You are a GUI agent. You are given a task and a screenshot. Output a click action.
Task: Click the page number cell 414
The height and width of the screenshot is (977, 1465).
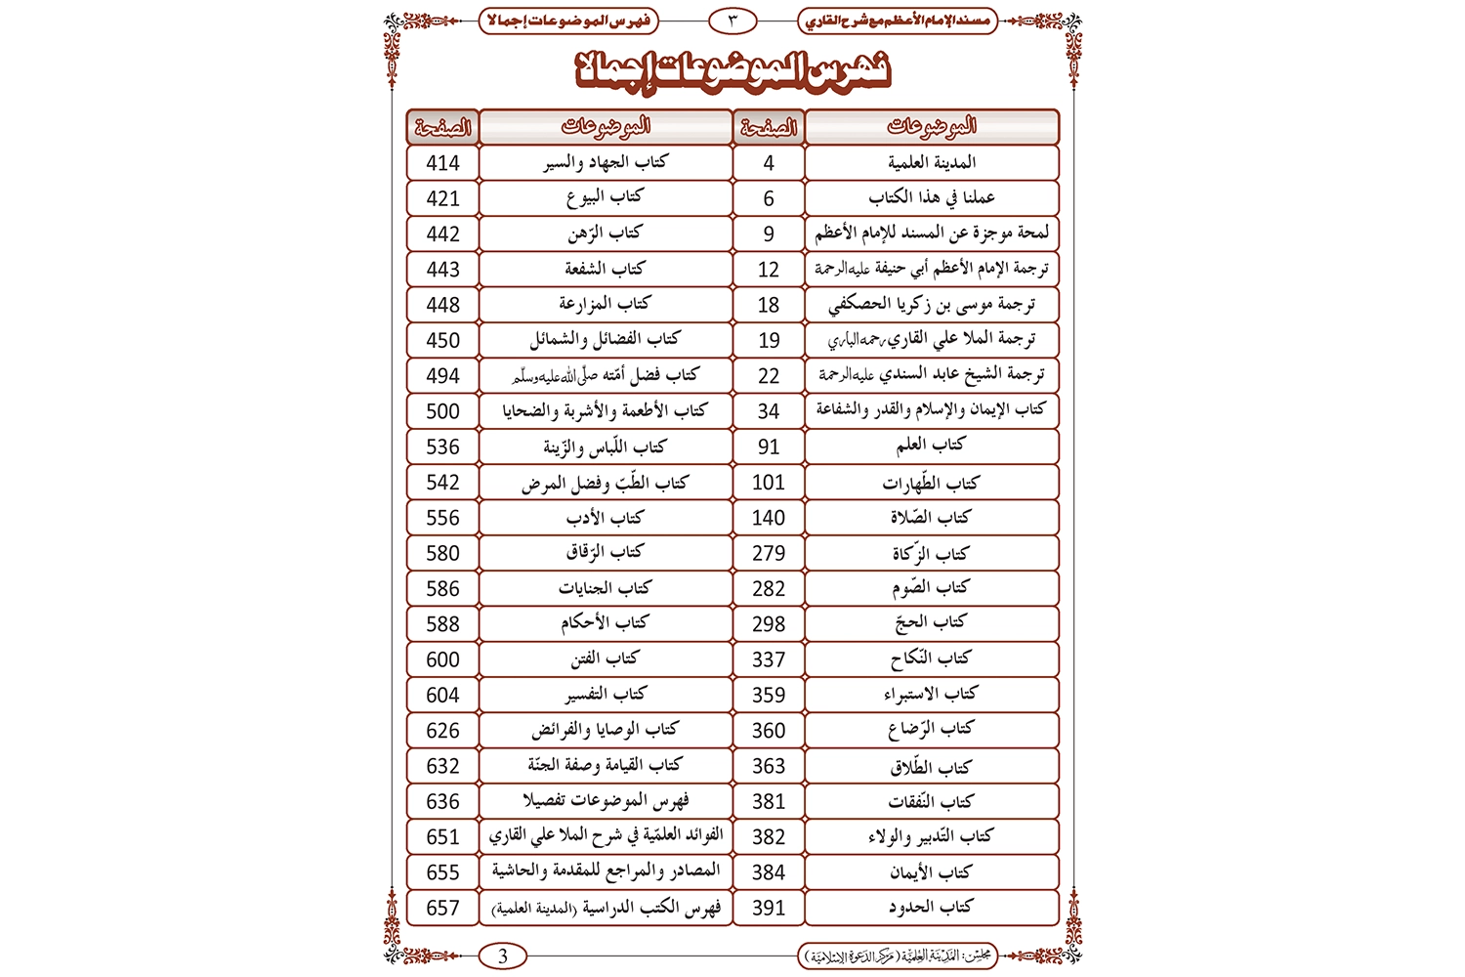pyautogui.click(x=442, y=163)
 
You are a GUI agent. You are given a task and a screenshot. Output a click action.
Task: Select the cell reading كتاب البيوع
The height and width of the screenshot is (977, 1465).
pyautogui.click(x=605, y=198)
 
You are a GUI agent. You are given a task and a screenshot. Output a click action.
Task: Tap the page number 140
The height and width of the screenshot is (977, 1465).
pyautogui.click(x=769, y=518)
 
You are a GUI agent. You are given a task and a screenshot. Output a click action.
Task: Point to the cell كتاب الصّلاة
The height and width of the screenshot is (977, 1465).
pyautogui.click(x=931, y=518)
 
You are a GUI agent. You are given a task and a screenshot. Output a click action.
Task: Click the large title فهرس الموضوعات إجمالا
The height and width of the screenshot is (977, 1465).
pyautogui.click(x=732, y=71)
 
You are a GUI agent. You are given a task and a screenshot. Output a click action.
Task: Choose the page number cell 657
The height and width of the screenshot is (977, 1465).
pyautogui.click(x=442, y=908)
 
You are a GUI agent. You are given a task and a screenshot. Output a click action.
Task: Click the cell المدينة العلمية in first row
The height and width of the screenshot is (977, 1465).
pyautogui.click(x=931, y=163)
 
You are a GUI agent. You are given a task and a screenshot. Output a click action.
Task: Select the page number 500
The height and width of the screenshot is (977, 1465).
pyautogui.click(x=442, y=411)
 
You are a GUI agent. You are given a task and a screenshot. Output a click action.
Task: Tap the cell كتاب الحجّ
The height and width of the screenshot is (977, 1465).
pyautogui.click(x=931, y=623)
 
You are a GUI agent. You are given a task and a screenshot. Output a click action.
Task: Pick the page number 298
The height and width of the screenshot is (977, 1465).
pyautogui.click(x=769, y=623)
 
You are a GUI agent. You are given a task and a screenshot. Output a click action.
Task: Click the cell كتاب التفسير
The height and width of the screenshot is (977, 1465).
pyautogui.click(x=605, y=695)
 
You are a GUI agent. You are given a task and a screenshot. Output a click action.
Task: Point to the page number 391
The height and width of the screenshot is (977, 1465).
pyautogui.click(x=769, y=908)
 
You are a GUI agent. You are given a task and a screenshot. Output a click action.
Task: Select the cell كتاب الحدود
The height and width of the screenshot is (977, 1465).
pyautogui.click(x=931, y=908)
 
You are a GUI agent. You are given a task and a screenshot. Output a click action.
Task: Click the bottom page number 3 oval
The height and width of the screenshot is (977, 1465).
pyautogui.click(x=503, y=956)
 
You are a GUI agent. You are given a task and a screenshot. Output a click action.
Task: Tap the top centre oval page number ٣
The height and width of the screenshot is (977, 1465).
pyautogui.click(x=732, y=20)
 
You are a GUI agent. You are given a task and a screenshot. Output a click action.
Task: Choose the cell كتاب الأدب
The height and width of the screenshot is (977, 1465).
pyautogui.click(x=605, y=518)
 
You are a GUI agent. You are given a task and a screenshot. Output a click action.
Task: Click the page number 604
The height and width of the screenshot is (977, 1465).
pyautogui.click(x=442, y=695)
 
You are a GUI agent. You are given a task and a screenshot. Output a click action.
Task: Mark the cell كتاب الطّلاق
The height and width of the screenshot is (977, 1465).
pyautogui.click(x=931, y=766)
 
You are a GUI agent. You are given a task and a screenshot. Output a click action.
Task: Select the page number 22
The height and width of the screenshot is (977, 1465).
pyautogui.click(x=769, y=376)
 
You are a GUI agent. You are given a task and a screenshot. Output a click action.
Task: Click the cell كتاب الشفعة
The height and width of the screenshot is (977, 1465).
pyautogui.click(x=605, y=270)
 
